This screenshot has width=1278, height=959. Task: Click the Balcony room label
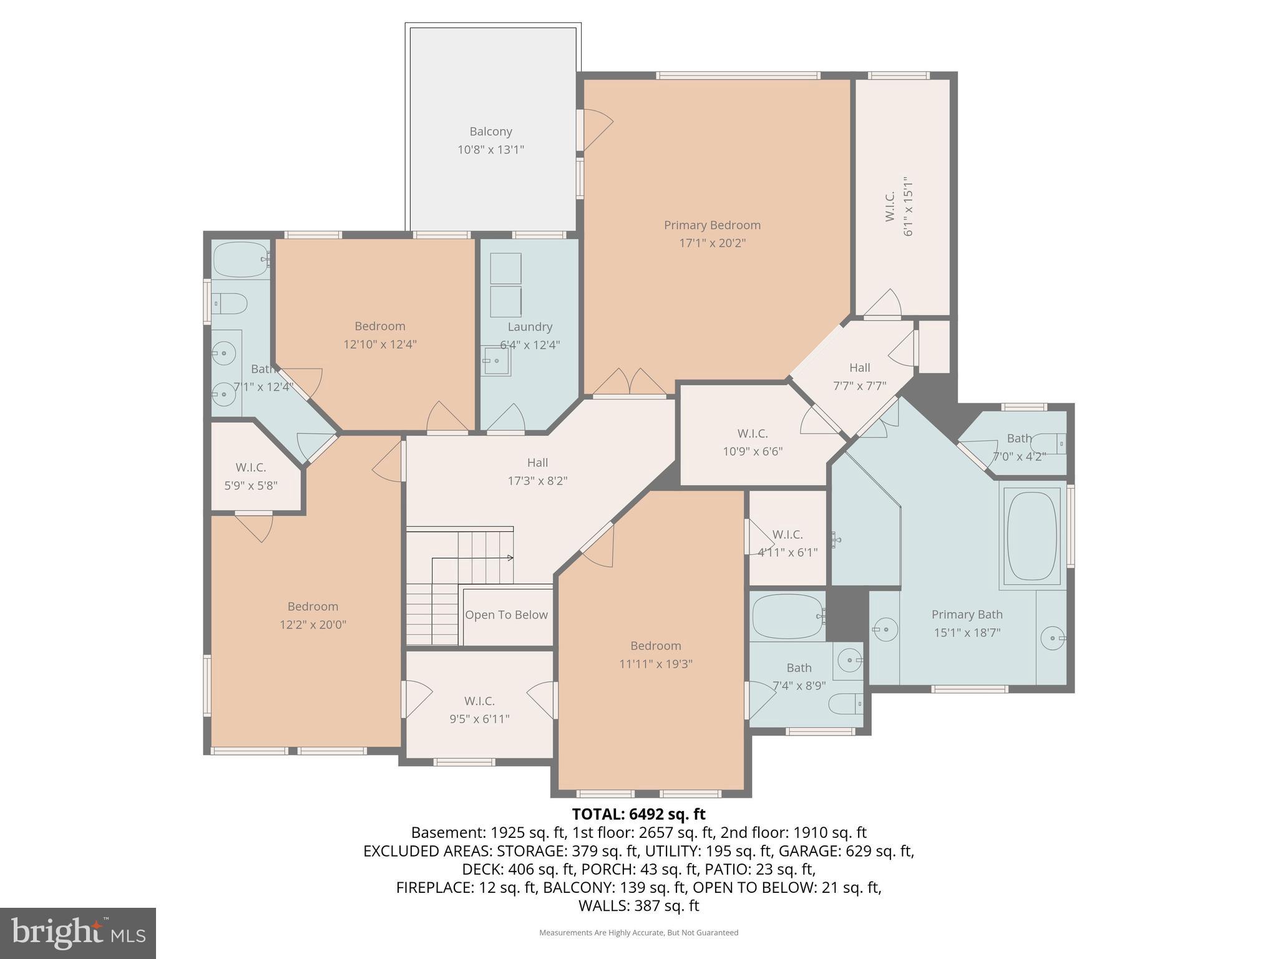pos(490,132)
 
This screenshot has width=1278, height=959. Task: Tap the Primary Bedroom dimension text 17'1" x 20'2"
pos(712,243)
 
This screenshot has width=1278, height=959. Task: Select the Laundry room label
pos(530,327)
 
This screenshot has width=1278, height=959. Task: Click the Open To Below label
pos(506,615)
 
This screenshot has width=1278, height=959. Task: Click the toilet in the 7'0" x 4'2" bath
pos(1049,444)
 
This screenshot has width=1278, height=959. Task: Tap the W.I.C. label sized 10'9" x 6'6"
pos(752,433)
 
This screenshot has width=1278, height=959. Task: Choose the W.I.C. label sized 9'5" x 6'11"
pos(479,701)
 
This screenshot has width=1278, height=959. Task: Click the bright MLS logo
pos(78,933)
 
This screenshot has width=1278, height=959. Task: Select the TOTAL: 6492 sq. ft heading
pos(638,814)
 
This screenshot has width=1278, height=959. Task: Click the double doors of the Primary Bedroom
pos(629,383)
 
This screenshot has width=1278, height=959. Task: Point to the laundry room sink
pos(496,361)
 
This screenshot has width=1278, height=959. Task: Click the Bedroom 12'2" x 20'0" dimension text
pos(313,624)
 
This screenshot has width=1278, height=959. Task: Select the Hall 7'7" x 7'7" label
pos(859,368)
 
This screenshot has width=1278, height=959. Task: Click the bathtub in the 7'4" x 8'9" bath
pos(788,616)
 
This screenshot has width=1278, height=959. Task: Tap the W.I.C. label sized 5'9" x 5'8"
pos(251,467)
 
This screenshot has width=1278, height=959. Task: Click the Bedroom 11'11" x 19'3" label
pos(655,646)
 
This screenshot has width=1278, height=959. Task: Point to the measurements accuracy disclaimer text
pos(638,933)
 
